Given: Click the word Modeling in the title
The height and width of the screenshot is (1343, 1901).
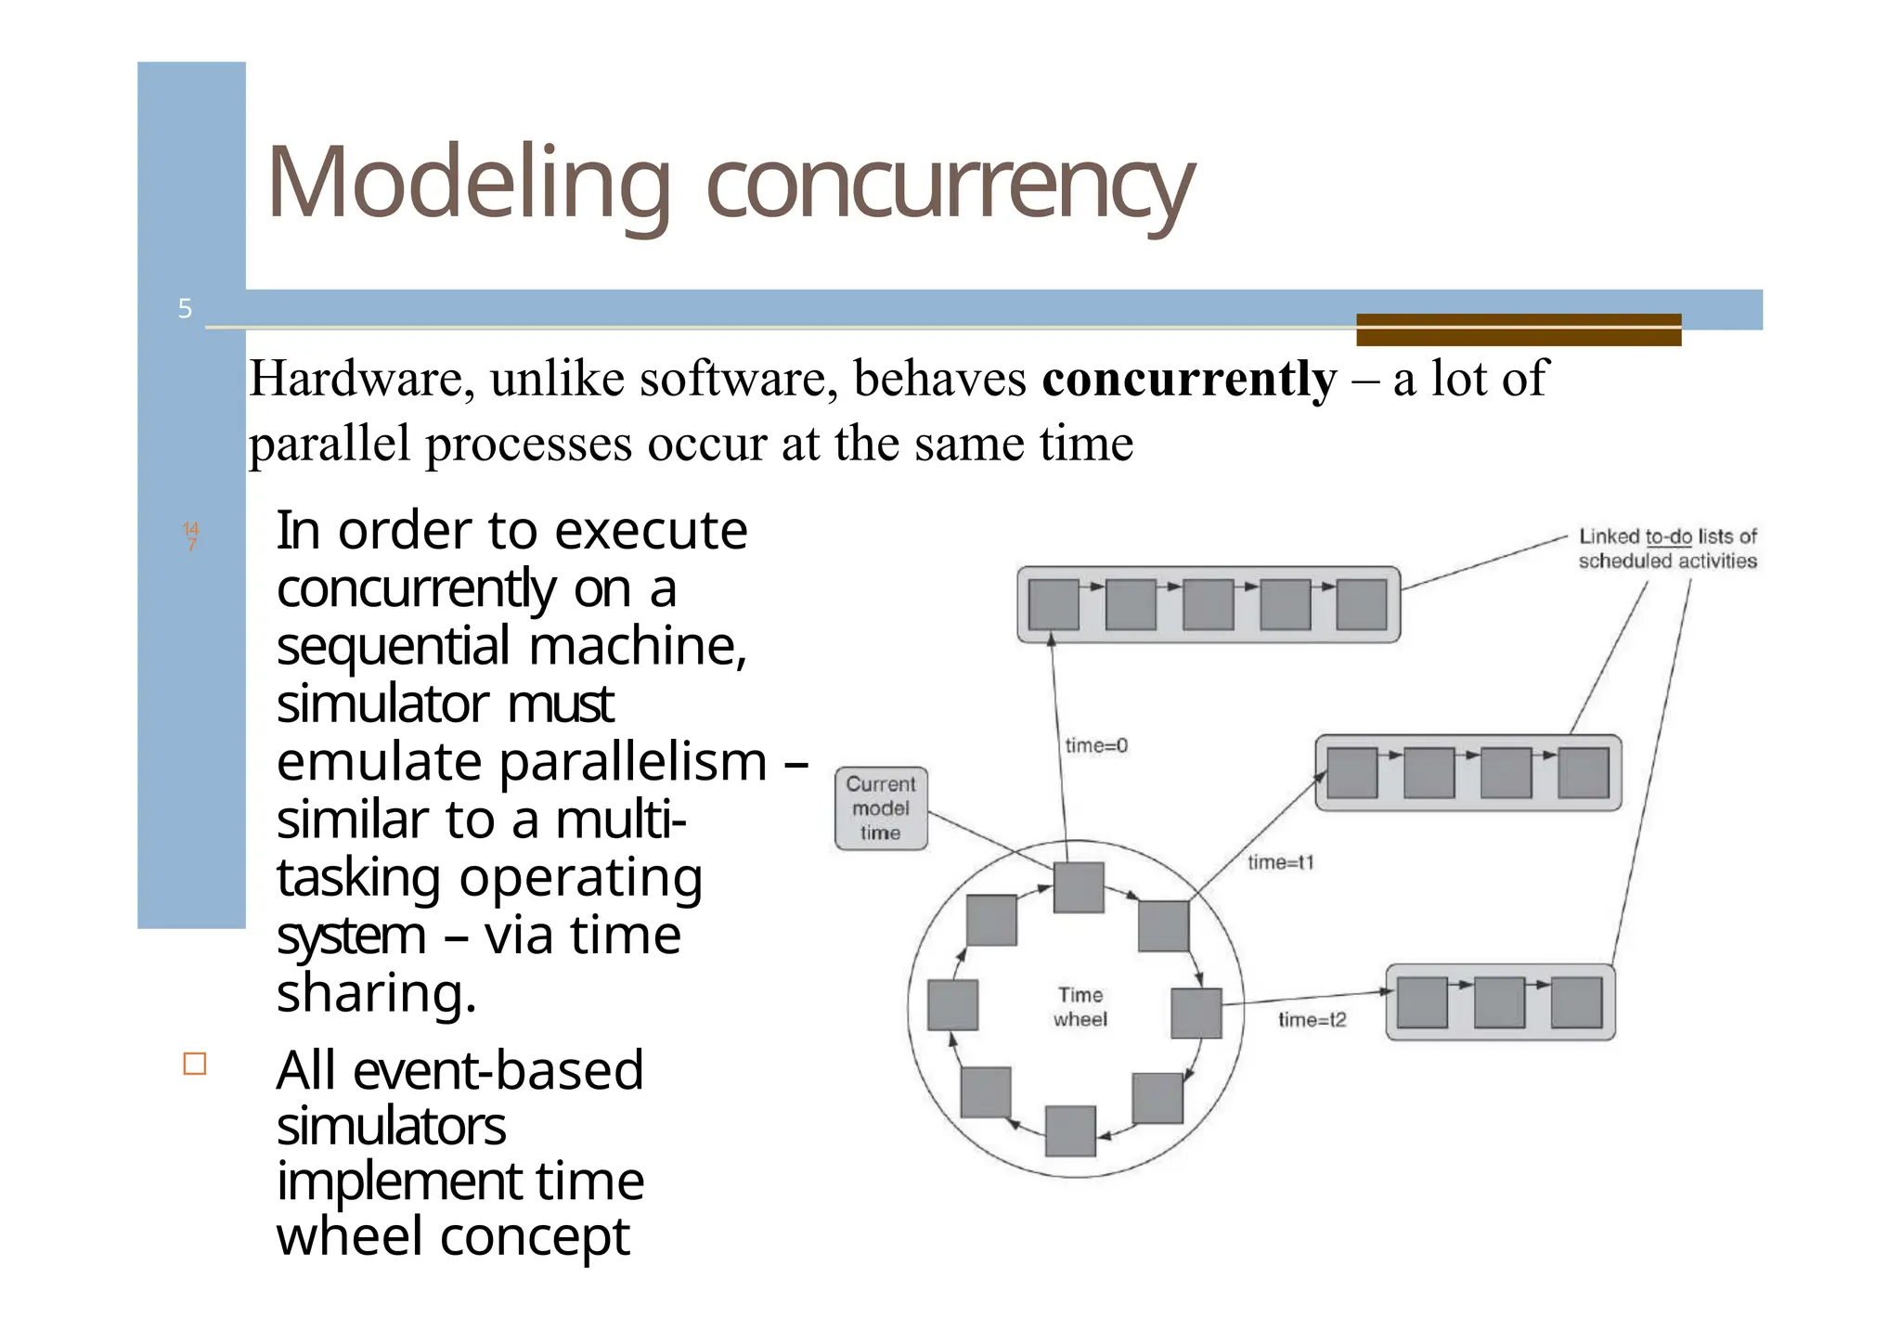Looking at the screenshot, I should [467, 184].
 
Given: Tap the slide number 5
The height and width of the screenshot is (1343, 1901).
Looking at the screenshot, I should [185, 309].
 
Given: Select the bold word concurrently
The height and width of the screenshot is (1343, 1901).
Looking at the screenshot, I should [1189, 379].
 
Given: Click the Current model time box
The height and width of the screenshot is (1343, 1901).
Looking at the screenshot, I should [881, 808].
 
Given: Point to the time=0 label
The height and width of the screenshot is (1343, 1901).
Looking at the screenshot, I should [1096, 745].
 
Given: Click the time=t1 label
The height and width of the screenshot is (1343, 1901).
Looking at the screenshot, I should [1281, 862].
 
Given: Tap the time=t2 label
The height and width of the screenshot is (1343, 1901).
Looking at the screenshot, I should [1313, 1020].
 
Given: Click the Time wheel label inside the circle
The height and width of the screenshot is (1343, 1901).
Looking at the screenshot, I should [1080, 1007].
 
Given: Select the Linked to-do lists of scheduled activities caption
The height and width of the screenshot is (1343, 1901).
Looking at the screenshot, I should [1667, 549].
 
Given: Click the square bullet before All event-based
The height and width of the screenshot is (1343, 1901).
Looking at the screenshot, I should [195, 1064].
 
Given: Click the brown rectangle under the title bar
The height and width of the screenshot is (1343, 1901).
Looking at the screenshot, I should [1519, 329].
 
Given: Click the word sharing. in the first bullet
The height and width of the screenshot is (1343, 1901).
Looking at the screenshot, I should [376, 993].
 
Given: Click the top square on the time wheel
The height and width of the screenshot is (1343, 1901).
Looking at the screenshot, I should [1079, 887].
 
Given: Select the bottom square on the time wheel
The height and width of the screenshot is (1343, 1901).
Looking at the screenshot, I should [1070, 1130].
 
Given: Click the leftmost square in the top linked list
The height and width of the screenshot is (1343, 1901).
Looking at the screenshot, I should [1054, 605].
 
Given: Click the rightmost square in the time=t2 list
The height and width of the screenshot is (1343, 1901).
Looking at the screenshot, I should [1576, 1002].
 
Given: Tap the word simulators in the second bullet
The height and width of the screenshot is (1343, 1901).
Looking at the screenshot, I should [391, 1127].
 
